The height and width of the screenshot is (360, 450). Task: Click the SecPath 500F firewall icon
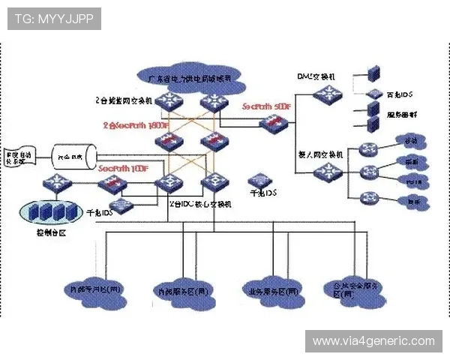pyautogui.click(x=269, y=124)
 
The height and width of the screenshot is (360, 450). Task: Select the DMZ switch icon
pyautogui.click(x=328, y=94)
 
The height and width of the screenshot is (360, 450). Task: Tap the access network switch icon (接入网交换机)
pyautogui.click(x=328, y=172)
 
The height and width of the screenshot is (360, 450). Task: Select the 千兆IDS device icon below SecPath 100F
pyautogui.click(x=120, y=205)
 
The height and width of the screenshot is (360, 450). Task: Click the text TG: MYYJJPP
pyautogui.click(x=54, y=18)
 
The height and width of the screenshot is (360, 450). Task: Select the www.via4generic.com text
pyautogui.click(x=373, y=341)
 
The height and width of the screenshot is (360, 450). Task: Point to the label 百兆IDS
pyautogui.click(x=400, y=94)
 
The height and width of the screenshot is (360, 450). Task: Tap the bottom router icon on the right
pyautogui.click(x=369, y=199)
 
